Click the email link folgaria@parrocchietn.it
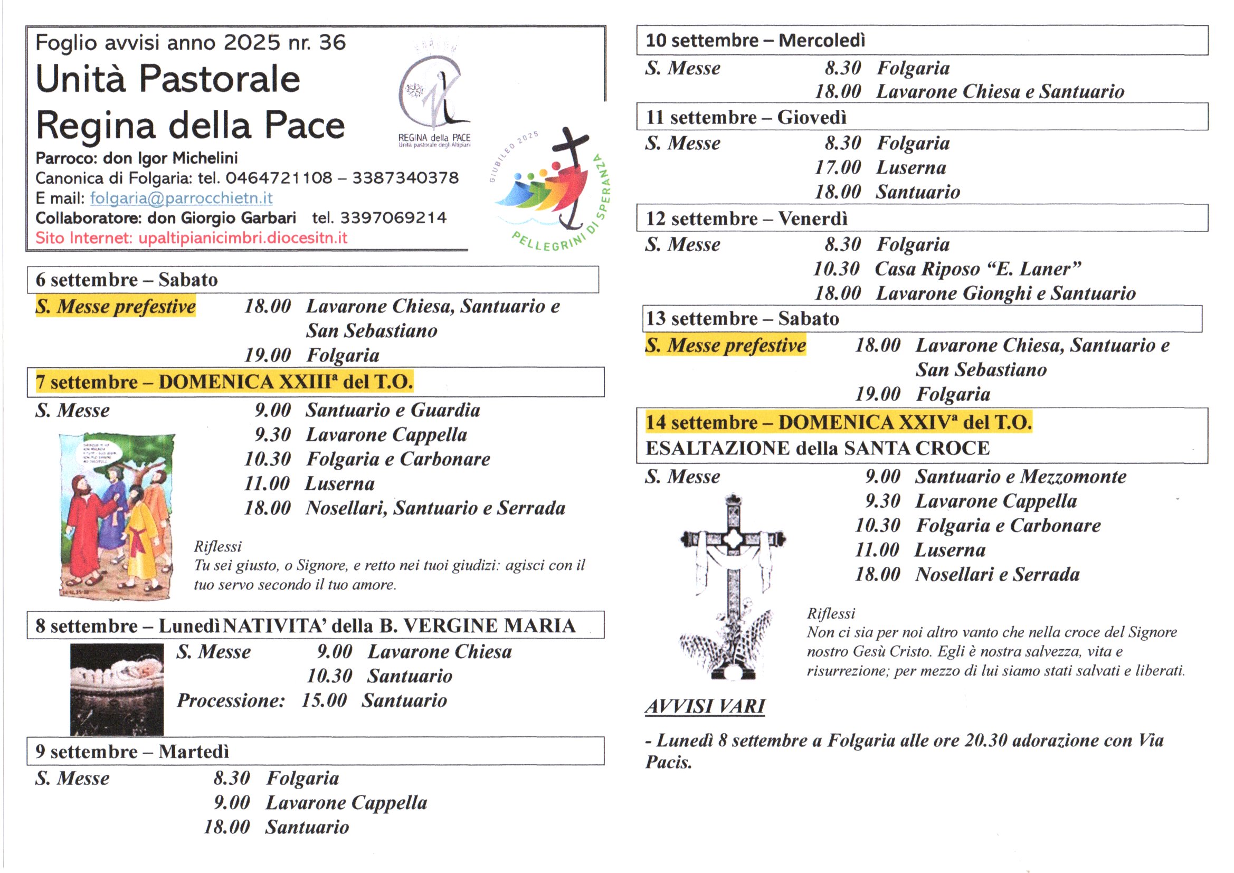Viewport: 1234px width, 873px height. [x=181, y=198]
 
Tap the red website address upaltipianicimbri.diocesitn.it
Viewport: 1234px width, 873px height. [x=243, y=238]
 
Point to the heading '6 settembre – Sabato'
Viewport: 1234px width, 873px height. [x=127, y=280]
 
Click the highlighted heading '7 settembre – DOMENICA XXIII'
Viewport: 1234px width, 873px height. [x=224, y=382]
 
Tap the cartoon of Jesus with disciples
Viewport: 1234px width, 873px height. [x=117, y=516]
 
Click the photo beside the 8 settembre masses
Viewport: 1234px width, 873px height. [x=117, y=689]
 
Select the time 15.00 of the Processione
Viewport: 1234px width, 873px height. [x=324, y=700]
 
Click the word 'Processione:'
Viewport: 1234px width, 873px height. [x=231, y=700]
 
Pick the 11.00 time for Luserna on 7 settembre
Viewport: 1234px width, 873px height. [x=267, y=484]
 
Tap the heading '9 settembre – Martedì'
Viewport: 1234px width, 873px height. [x=132, y=751]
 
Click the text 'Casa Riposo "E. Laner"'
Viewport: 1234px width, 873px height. [x=977, y=269]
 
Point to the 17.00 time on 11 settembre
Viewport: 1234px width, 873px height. [x=837, y=168]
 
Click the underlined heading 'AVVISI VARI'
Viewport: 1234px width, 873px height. [x=705, y=706]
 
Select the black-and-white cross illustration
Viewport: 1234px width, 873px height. [x=732, y=586]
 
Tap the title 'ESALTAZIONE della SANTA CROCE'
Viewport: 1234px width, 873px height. [x=817, y=448]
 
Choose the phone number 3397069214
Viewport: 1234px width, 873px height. [x=393, y=217]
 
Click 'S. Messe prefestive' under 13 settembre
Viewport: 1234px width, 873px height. [x=726, y=345]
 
